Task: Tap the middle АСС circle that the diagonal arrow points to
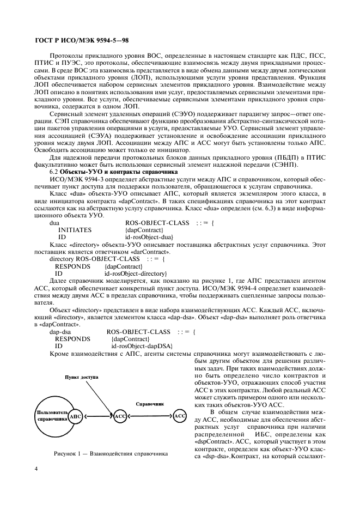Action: pos(120,417)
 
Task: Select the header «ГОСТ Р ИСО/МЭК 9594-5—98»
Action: pos(81,40)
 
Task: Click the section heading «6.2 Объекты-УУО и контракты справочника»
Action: pos(107,171)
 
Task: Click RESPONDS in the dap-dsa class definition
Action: pos(72,338)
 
